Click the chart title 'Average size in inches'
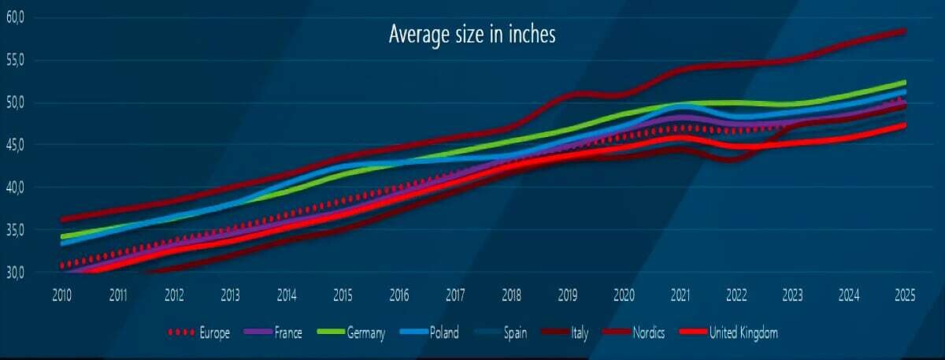click(x=472, y=35)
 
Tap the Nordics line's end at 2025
click(x=904, y=32)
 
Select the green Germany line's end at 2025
click(x=904, y=82)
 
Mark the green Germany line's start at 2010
click(x=63, y=236)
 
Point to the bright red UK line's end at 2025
click(x=904, y=125)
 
